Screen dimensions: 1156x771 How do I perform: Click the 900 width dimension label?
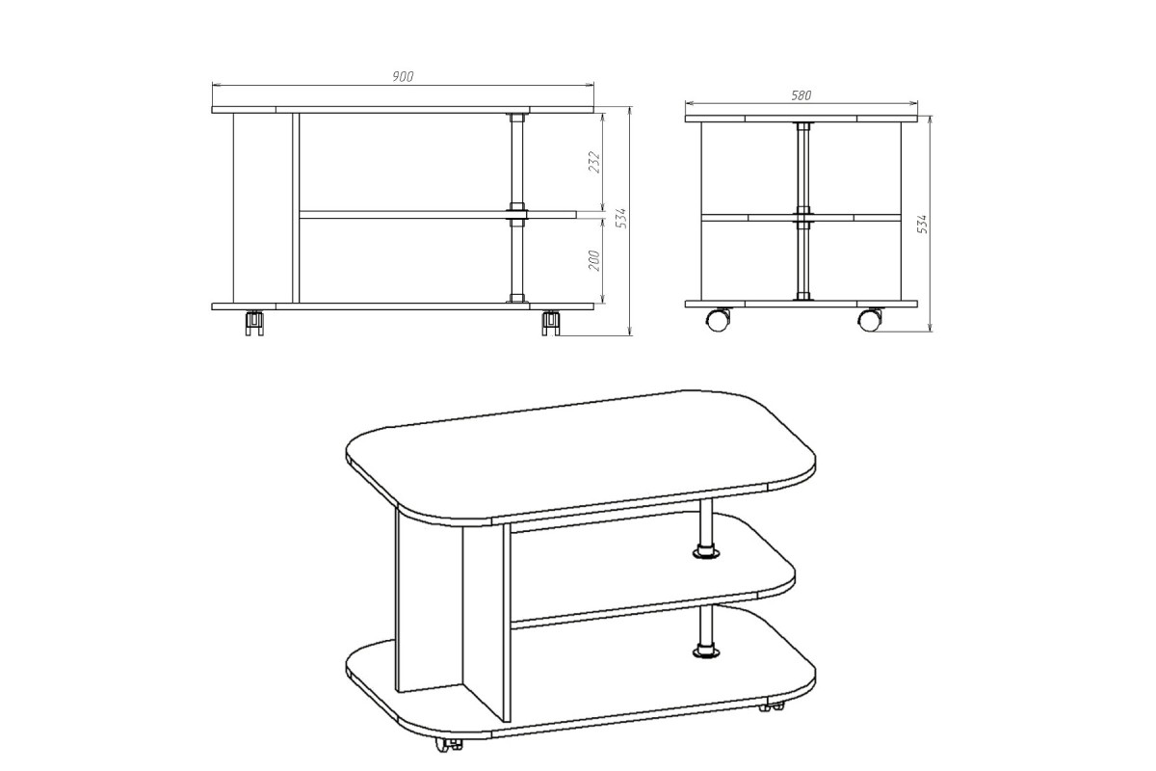(x=403, y=77)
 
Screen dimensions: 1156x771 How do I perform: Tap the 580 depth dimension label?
(x=801, y=95)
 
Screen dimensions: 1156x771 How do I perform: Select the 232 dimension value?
(x=594, y=162)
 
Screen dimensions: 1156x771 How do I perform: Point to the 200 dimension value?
(x=594, y=261)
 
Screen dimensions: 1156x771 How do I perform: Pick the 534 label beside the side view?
(x=923, y=224)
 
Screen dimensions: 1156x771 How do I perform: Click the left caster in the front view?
(x=254, y=323)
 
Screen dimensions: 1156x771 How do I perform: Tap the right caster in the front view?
(x=551, y=323)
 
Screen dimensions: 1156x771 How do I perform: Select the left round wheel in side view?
(x=719, y=319)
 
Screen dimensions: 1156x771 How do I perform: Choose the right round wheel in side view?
(x=870, y=319)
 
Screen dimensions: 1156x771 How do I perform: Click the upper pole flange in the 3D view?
(x=706, y=553)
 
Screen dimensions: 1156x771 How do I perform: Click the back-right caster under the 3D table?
(x=772, y=705)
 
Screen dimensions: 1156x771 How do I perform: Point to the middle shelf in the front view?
(x=437, y=214)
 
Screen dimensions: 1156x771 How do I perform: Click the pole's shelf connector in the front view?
(x=517, y=214)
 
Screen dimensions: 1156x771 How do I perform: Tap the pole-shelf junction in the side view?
(x=802, y=218)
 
